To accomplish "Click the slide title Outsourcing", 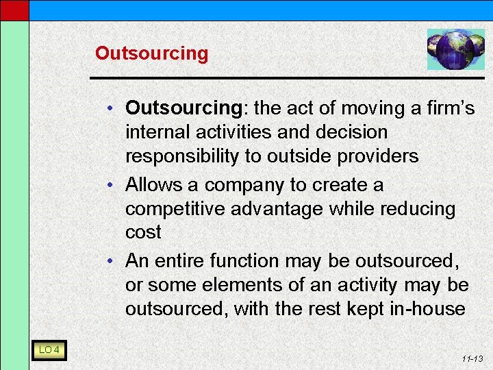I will click(x=151, y=53).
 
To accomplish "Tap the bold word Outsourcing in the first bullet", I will click(x=181, y=108).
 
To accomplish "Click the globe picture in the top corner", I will click(x=455, y=49).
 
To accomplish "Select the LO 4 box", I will click(x=49, y=350).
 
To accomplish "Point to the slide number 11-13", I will click(x=473, y=358).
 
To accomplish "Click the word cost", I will click(x=143, y=232).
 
